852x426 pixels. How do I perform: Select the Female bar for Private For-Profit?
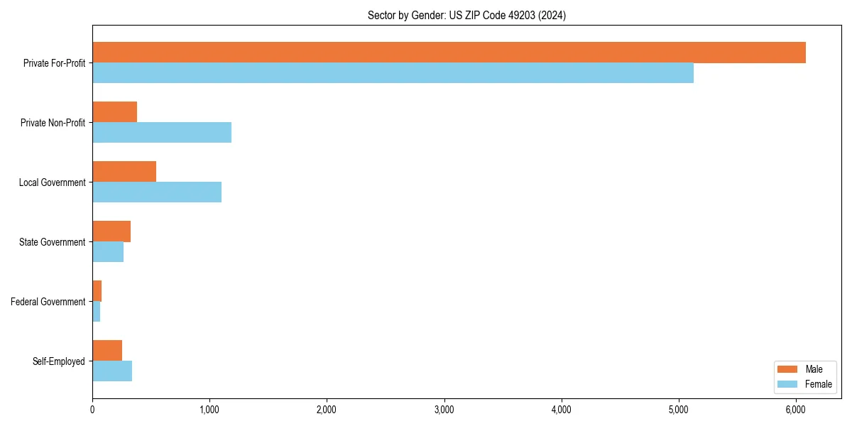tap(393, 73)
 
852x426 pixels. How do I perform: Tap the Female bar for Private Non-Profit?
tap(162, 133)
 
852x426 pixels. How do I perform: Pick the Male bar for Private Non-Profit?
tap(114, 112)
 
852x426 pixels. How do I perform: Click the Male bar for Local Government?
tap(124, 172)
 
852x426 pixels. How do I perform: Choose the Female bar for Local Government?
tap(157, 192)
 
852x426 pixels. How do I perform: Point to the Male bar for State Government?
tap(111, 231)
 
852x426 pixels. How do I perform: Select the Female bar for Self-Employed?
tap(112, 371)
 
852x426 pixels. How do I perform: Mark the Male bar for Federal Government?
tap(97, 291)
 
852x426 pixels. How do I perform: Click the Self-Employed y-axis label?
tap(58, 361)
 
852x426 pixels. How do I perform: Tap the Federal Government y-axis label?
tap(48, 302)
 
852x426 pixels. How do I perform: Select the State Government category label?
tap(52, 242)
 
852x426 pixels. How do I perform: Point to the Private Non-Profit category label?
tap(53, 123)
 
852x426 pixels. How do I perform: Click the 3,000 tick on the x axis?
tap(444, 410)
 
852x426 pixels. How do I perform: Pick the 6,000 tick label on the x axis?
tap(796, 410)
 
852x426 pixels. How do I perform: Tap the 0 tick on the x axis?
tap(92, 410)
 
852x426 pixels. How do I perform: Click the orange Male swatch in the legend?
tap(788, 369)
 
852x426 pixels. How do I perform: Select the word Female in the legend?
tap(818, 384)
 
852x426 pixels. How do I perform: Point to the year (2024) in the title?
tap(551, 15)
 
